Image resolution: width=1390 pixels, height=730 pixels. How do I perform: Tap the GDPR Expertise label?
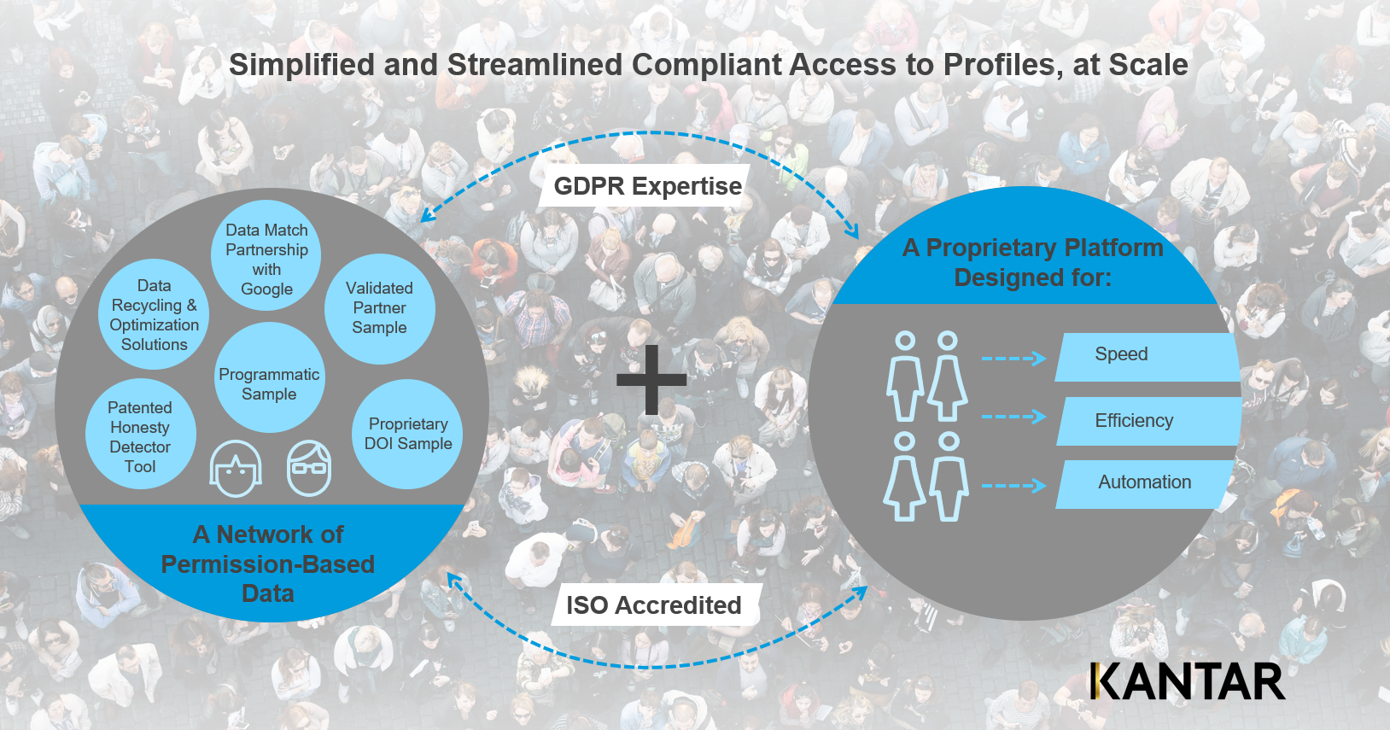[647, 186]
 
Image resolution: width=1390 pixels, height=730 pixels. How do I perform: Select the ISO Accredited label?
[654, 605]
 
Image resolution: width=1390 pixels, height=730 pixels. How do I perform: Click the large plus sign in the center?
[651, 380]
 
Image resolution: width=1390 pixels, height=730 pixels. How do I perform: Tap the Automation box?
[1145, 483]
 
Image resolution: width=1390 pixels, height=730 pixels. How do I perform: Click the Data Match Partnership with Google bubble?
[266, 257]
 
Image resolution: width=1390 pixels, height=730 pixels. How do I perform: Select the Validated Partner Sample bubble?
[379, 308]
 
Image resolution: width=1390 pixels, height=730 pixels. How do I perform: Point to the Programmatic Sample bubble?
[269, 383]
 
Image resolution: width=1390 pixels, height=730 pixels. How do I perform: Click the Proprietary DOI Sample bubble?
[407, 434]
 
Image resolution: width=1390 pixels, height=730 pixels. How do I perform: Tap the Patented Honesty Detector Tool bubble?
[140, 435]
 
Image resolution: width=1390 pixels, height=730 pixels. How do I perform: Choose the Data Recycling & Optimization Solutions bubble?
[154, 314]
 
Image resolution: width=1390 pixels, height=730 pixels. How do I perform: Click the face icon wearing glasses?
[308, 468]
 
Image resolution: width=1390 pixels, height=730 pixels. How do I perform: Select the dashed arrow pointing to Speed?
[1013, 358]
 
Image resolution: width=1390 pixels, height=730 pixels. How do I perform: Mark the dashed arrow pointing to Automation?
[1013, 486]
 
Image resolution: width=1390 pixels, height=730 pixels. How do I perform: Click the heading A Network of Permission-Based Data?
[268, 564]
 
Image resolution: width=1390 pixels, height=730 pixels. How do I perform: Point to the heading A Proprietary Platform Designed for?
[1032, 262]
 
